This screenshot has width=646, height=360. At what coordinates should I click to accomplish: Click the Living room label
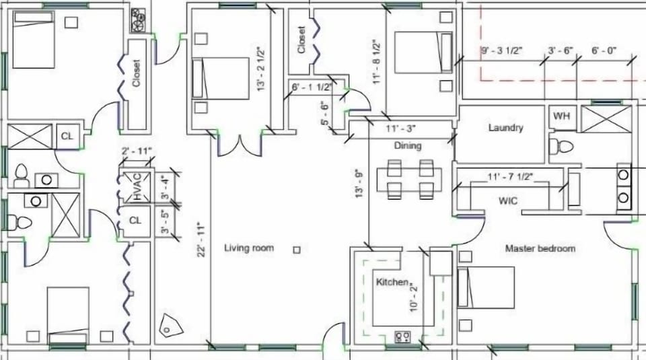point(249,248)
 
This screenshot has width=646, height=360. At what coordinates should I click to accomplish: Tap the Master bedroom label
point(540,248)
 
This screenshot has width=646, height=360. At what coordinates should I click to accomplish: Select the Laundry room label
point(506,128)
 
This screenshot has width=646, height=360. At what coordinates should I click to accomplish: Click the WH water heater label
point(561,116)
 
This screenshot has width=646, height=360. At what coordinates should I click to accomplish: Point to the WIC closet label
point(508,201)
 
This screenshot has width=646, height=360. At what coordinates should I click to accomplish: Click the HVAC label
point(137,187)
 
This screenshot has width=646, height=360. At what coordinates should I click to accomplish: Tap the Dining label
point(407,145)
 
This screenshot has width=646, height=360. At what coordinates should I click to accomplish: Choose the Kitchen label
point(392,282)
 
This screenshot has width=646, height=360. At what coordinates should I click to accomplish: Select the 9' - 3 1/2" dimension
point(503,50)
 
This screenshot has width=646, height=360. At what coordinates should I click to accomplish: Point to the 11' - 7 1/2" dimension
point(510,178)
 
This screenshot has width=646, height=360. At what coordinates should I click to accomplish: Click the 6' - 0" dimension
point(604,50)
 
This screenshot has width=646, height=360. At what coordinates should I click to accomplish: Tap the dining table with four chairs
point(409,180)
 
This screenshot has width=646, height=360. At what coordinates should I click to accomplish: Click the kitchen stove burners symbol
point(402,336)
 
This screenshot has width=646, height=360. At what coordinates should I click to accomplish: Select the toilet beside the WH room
point(561,146)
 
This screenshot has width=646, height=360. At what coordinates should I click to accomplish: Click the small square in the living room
point(297,250)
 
